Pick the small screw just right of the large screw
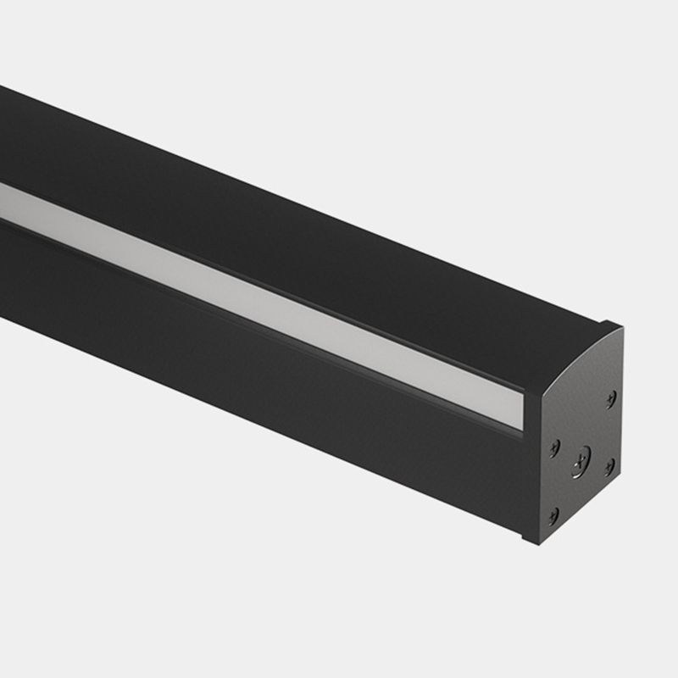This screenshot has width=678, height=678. click(x=609, y=464)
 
